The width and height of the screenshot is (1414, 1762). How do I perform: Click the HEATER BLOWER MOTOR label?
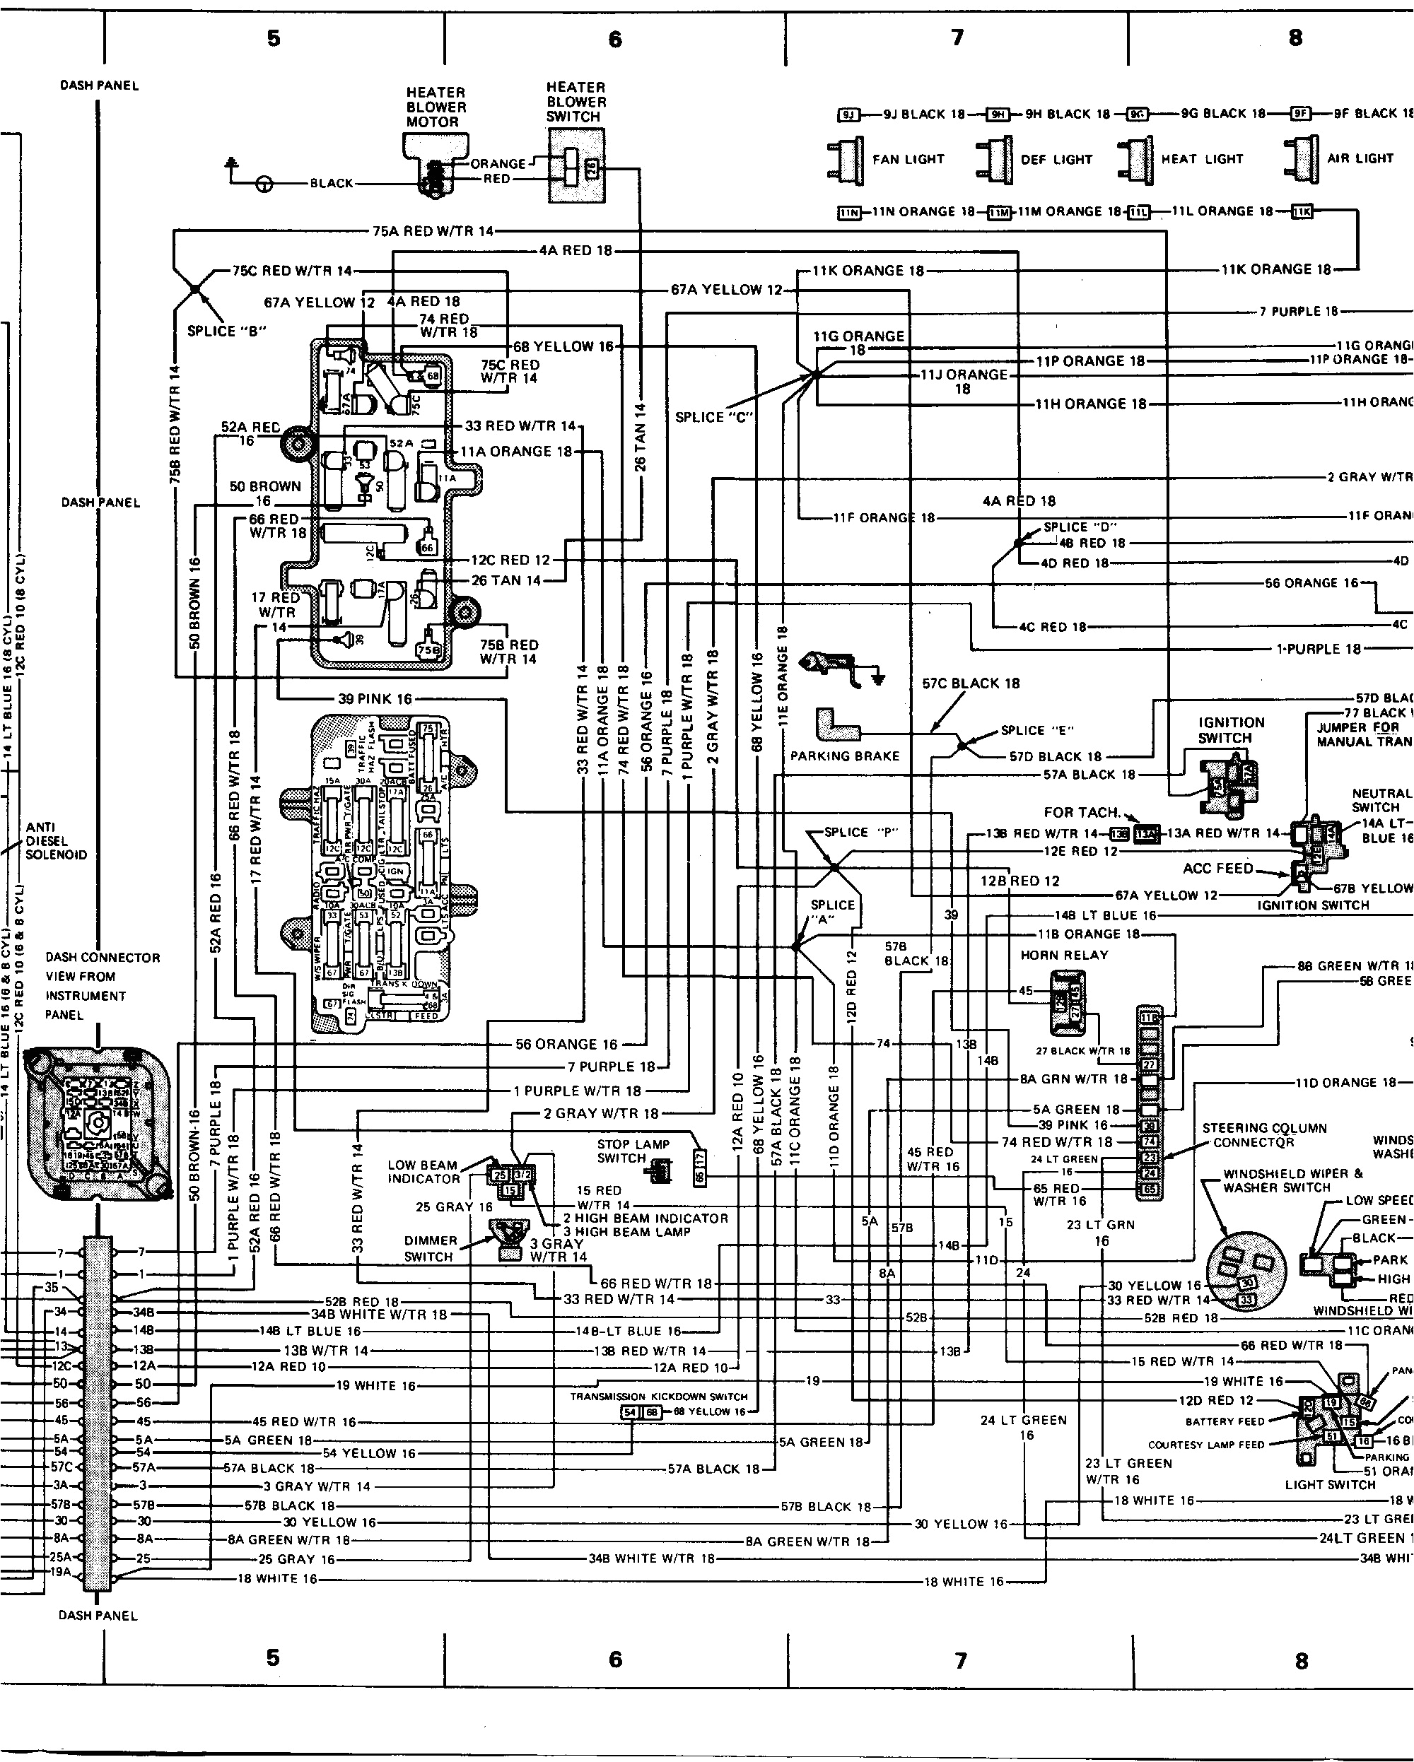(x=436, y=107)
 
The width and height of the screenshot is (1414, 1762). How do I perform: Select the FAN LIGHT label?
(x=908, y=159)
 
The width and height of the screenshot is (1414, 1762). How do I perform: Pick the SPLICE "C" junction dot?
(x=815, y=375)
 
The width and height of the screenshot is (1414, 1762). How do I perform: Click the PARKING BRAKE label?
(x=844, y=756)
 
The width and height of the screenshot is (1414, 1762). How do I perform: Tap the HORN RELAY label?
(x=1064, y=955)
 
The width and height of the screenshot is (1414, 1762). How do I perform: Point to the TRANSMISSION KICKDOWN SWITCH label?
(x=659, y=1397)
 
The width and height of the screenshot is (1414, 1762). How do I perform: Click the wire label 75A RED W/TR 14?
(x=433, y=231)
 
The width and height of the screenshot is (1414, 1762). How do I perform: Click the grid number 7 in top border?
(x=957, y=37)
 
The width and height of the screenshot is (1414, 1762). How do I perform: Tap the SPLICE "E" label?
(x=1037, y=730)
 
